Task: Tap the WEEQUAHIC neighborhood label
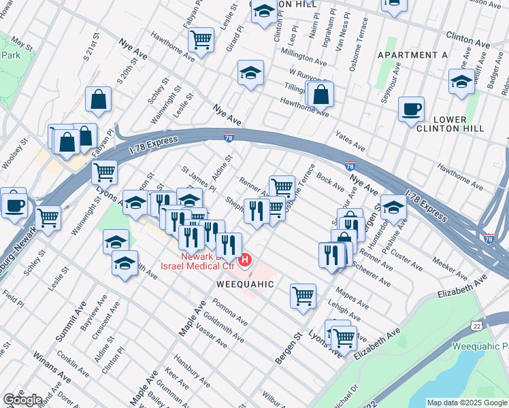pos(245,283)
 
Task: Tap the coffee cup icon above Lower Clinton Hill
pos(411,110)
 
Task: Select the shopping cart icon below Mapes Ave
pos(303,296)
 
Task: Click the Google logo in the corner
pos(22,399)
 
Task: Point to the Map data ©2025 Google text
pos(466,403)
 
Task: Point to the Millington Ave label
pos(304,55)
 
